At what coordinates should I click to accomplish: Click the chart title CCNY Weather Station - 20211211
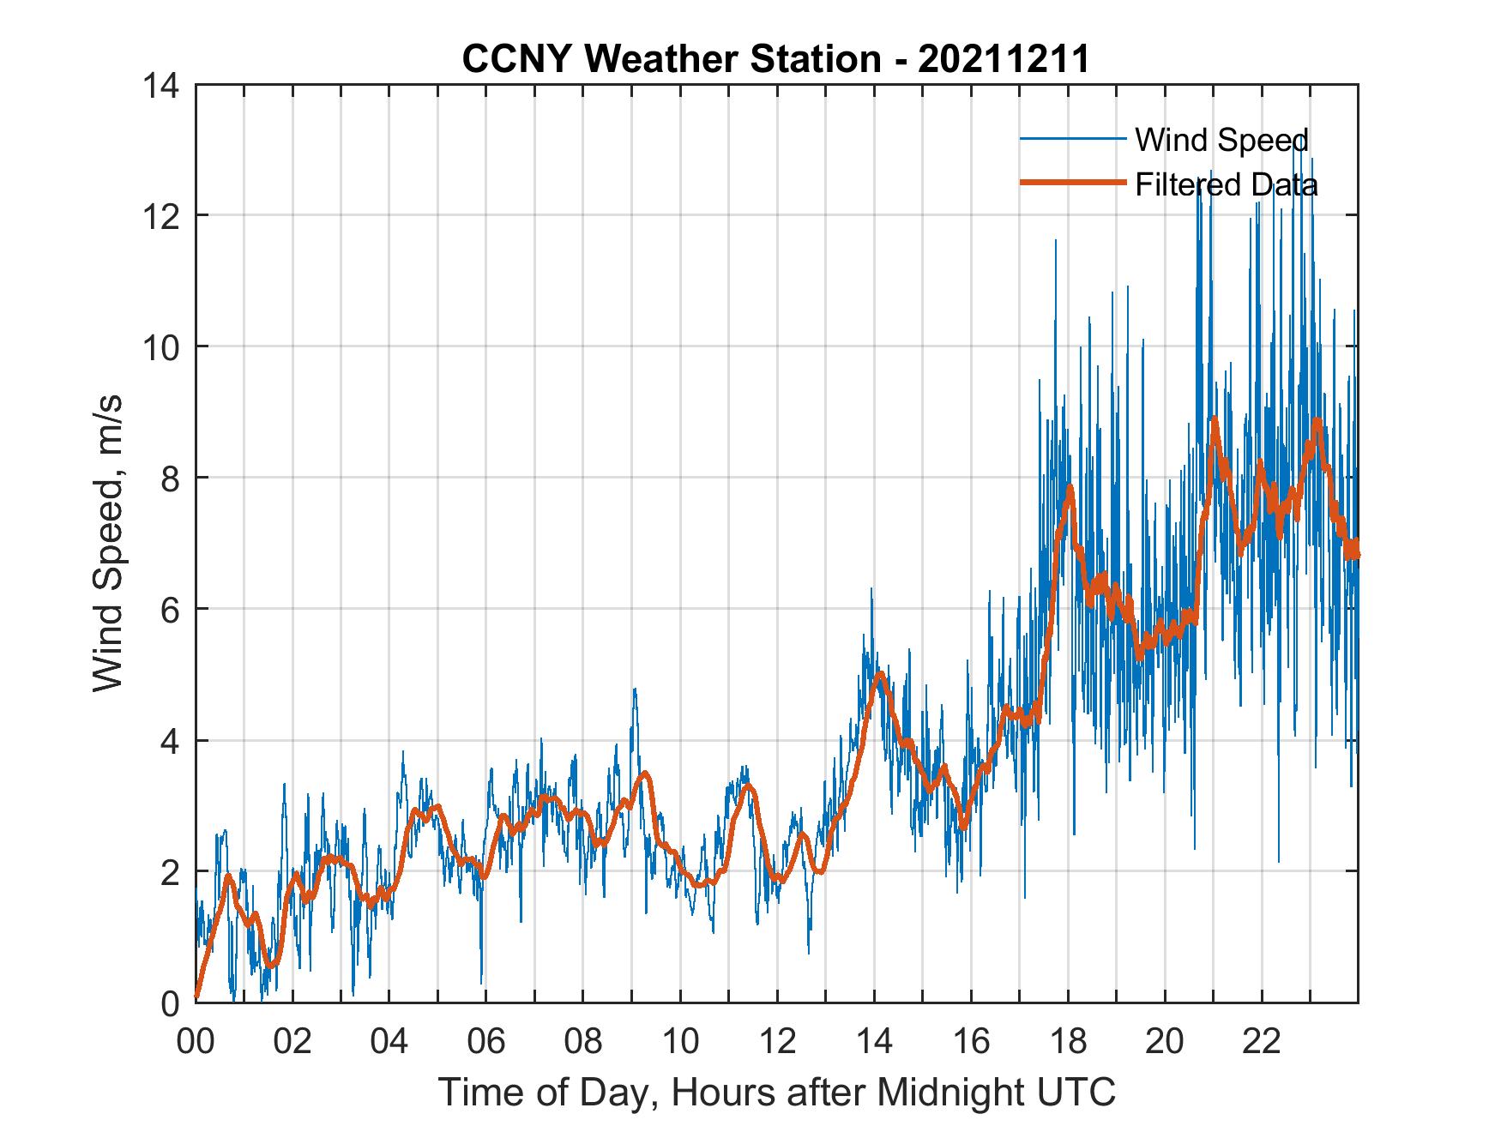pyautogui.click(x=776, y=58)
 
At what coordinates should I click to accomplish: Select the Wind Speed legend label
pyautogui.click(x=1221, y=140)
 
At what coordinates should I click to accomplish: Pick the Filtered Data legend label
pyautogui.click(x=1227, y=184)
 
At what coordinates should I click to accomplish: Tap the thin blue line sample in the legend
pyautogui.click(x=1072, y=139)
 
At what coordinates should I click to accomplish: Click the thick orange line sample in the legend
pyautogui.click(x=1072, y=183)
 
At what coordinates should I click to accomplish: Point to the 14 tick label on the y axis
pyautogui.click(x=162, y=85)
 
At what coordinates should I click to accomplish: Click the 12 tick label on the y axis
pyautogui.click(x=162, y=216)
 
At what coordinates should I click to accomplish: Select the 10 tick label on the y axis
pyautogui.click(x=162, y=347)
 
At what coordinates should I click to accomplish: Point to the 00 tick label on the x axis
pyautogui.click(x=196, y=1041)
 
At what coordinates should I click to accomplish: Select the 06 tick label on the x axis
pyautogui.click(x=486, y=1041)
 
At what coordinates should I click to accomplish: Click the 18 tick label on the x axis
pyautogui.click(x=1068, y=1041)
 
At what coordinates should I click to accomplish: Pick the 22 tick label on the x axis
pyautogui.click(x=1262, y=1041)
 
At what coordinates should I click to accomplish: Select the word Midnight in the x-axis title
pyautogui.click(x=946, y=1093)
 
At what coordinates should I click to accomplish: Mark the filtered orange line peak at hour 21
pyautogui.click(x=1215, y=420)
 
